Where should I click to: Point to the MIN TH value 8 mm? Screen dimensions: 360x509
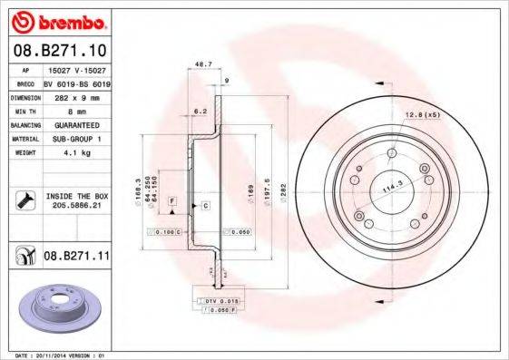(75, 108)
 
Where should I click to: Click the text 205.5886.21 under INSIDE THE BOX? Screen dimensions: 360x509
(75, 206)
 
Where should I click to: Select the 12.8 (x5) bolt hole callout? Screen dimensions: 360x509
(422, 115)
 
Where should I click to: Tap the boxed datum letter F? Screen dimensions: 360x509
(171, 199)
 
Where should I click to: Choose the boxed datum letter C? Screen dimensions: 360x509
(205, 207)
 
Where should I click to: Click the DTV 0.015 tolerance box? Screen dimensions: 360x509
(220, 300)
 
